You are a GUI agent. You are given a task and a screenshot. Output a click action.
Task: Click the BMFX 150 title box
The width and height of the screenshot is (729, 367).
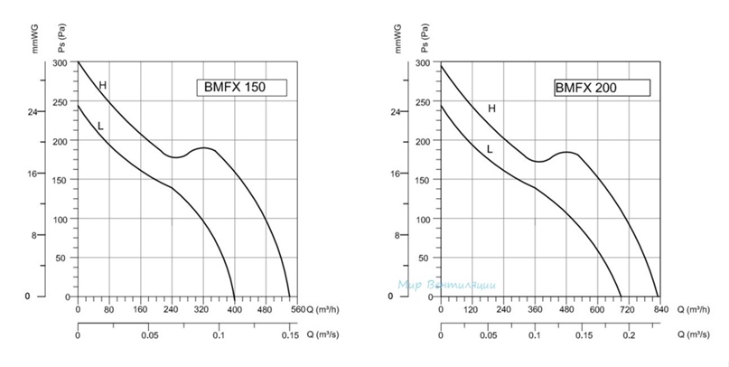click(241, 88)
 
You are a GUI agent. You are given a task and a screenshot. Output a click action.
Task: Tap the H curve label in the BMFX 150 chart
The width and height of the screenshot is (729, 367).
click(103, 86)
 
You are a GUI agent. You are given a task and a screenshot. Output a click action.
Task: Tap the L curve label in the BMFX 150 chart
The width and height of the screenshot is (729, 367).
click(100, 126)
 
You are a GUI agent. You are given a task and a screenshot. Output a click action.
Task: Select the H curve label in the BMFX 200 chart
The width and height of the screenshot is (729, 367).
click(491, 108)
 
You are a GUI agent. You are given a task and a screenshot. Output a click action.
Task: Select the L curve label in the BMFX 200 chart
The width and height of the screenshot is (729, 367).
click(489, 149)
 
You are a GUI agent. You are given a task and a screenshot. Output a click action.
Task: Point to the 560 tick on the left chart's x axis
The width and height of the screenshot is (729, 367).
click(298, 309)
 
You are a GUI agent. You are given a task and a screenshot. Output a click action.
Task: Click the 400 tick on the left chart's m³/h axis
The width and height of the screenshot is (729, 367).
click(234, 309)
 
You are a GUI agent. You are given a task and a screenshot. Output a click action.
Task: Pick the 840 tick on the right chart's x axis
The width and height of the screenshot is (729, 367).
click(660, 309)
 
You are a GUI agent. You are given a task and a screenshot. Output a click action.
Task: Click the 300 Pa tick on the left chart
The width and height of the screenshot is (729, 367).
click(60, 63)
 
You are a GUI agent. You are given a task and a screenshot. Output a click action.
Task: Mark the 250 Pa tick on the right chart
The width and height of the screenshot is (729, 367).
click(421, 102)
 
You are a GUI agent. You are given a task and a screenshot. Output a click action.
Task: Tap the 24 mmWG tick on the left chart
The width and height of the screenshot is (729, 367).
click(33, 112)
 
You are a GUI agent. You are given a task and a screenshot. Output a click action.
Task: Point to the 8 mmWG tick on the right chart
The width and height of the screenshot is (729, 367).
click(395, 235)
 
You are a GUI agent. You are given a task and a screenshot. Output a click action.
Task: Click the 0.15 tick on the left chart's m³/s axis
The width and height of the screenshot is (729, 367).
click(289, 335)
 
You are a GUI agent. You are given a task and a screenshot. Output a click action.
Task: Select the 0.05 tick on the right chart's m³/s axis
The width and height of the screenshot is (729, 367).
click(487, 335)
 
